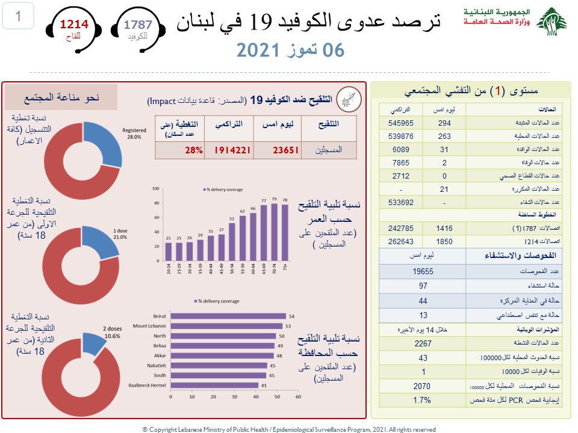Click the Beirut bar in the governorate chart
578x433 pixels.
click(228, 316)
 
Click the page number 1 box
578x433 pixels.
click(19, 16)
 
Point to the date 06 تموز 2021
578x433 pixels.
click(291, 50)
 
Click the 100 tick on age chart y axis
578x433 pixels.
click(156, 188)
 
